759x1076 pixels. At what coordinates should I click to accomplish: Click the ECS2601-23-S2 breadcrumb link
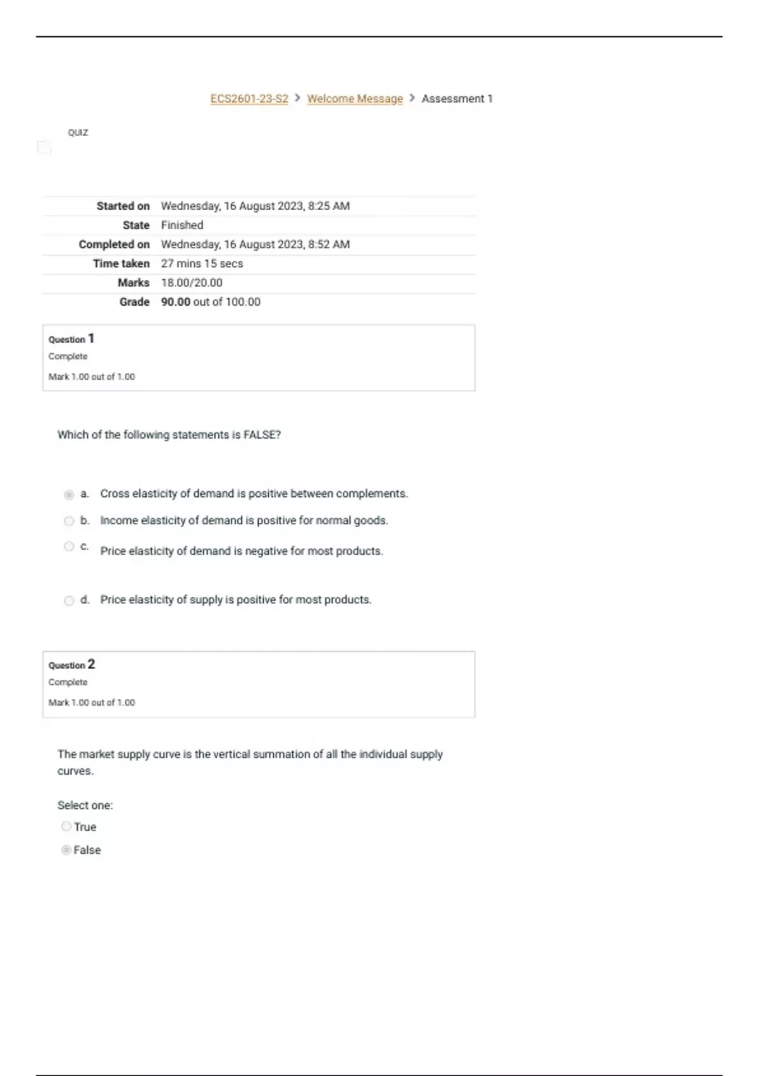pyautogui.click(x=249, y=99)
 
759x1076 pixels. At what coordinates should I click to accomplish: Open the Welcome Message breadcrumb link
pyautogui.click(x=355, y=99)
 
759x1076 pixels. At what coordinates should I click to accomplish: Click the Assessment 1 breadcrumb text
pyautogui.click(x=457, y=99)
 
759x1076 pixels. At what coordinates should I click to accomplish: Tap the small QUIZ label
pyautogui.click(x=78, y=132)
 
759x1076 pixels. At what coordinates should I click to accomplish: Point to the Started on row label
pyautogui.click(x=123, y=206)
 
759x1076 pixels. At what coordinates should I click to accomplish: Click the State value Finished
pyautogui.click(x=182, y=225)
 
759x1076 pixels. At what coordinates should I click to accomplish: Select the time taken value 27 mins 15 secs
pyautogui.click(x=202, y=263)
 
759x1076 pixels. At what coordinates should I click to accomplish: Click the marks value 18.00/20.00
pyautogui.click(x=192, y=283)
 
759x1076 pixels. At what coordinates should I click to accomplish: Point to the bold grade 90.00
pyautogui.click(x=176, y=302)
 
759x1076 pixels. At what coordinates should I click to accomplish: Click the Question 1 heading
pyautogui.click(x=71, y=339)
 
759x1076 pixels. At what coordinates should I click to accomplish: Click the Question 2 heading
pyautogui.click(x=71, y=665)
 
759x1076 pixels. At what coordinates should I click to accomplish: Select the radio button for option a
pyautogui.click(x=69, y=494)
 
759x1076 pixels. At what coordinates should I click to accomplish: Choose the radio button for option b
pyautogui.click(x=69, y=521)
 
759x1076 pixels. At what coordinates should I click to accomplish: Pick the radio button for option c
pyautogui.click(x=69, y=546)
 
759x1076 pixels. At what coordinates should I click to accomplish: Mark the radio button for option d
pyautogui.click(x=69, y=601)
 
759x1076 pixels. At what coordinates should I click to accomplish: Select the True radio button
pyautogui.click(x=66, y=826)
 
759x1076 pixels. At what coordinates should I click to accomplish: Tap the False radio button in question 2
pyautogui.click(x=66, y=849)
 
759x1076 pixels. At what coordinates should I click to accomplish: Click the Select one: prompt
pyautogui.click(x=85, y=805)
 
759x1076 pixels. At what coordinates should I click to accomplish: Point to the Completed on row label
pyautogui.click(x=114, y=244)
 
